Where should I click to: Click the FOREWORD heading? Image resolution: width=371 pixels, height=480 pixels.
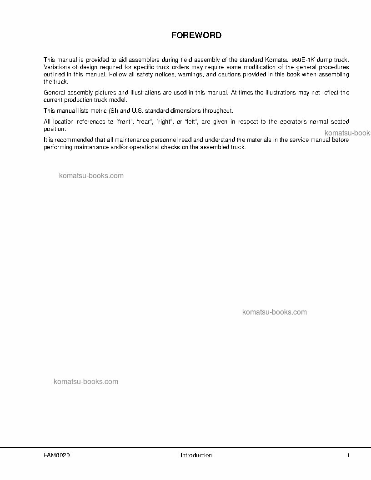click(x=196, y=35)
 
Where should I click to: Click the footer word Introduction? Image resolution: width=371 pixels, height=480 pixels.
click(x=196, y=455)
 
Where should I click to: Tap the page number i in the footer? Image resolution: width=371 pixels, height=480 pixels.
click(x=348, y=455)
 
